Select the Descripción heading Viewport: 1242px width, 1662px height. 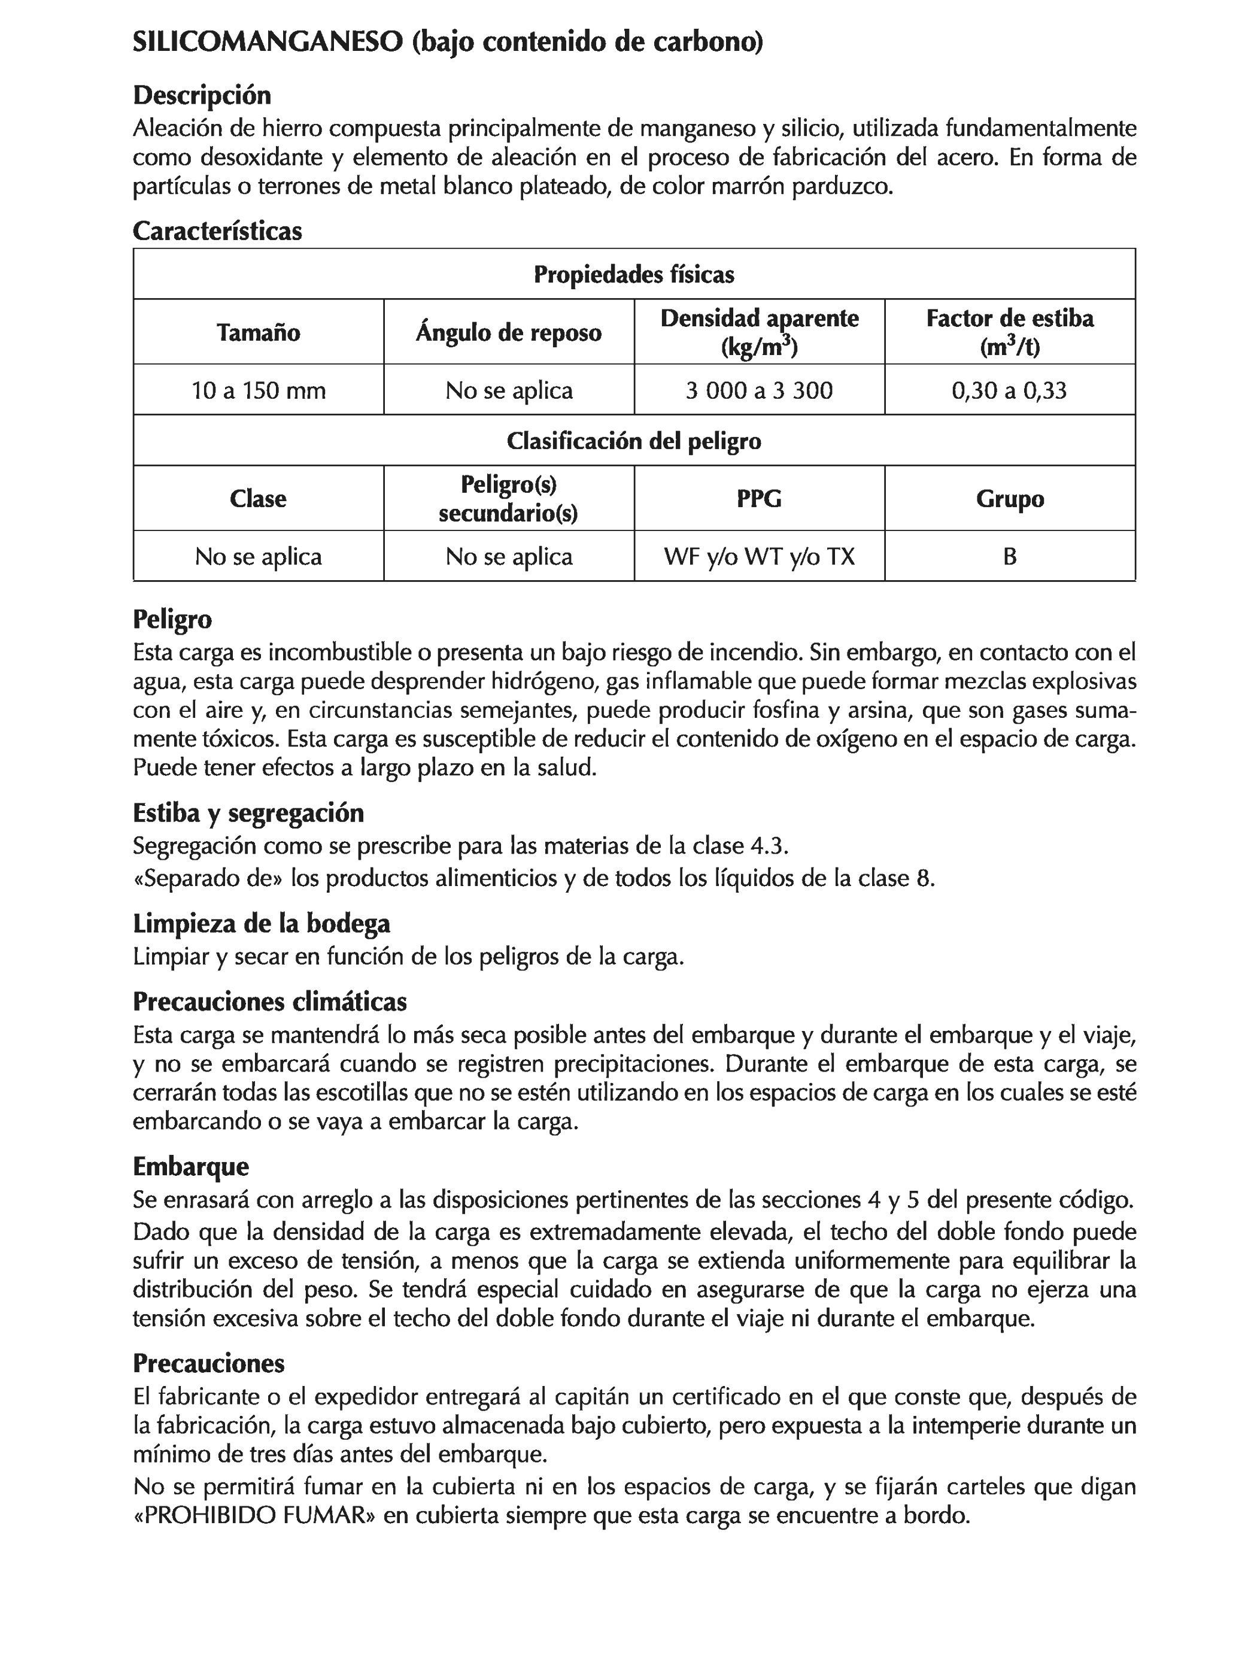[201, 95]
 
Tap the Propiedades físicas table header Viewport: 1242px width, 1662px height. [633, 274]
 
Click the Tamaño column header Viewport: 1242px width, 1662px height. [258, 332]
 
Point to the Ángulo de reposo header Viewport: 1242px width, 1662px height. [508, 332]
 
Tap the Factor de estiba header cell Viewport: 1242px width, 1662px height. [1009, 332]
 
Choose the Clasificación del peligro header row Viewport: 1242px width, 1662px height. [633, 440]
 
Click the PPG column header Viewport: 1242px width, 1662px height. [759, 498]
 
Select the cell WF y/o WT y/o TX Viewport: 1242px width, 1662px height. [759, 557]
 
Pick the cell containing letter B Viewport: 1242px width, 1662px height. [1009, 557]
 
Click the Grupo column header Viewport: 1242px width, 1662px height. [1009, 498]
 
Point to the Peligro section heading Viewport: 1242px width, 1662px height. [172, 619]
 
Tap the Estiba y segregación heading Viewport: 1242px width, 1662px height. [248, 813]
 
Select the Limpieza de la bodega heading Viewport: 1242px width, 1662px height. [261, 923]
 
